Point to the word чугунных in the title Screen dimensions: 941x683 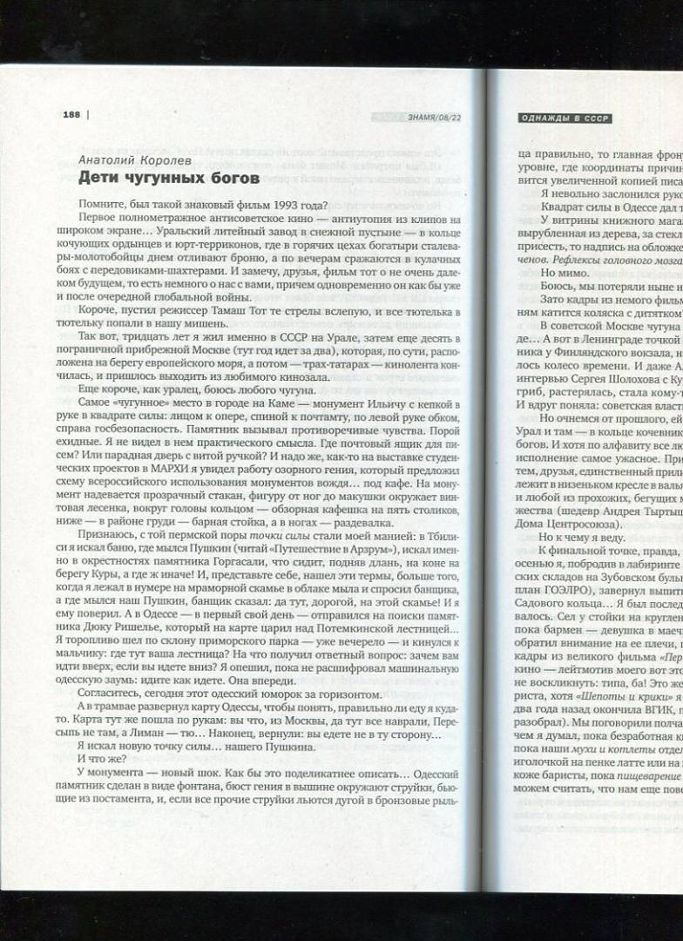click(165, 179)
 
